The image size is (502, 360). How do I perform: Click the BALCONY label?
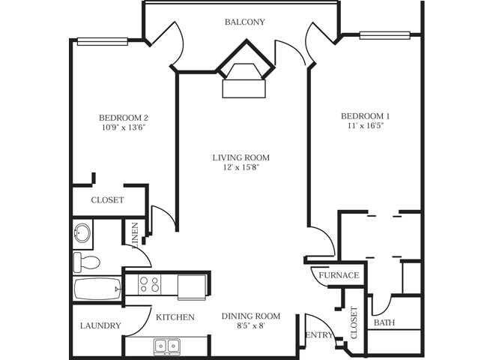coord(244,22)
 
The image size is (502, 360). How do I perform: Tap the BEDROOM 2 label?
coord(124,117)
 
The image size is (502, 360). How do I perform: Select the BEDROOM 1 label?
coord(366,116)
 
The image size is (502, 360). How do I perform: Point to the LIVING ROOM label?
coord(240,157)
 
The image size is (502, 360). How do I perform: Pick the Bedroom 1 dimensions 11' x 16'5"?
coord(366,126)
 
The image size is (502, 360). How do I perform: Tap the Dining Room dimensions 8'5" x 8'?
coord(250,326)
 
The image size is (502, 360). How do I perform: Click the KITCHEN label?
coord(175,317)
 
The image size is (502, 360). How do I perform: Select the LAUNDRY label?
coord(100,325)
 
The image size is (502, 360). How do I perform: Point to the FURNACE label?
coord(339,275)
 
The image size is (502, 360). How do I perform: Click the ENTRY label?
coord(318,334)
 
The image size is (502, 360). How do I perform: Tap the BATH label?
coord(384,323)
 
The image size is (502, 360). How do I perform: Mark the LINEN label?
coord(135,235)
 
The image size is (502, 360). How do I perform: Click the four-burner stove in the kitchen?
coord(150,284)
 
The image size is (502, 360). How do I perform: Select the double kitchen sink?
coord(166,346)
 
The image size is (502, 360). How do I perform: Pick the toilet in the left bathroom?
coord(86,262)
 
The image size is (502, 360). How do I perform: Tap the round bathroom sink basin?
coord(82,234)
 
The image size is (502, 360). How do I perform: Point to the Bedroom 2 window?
coord(103,42)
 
